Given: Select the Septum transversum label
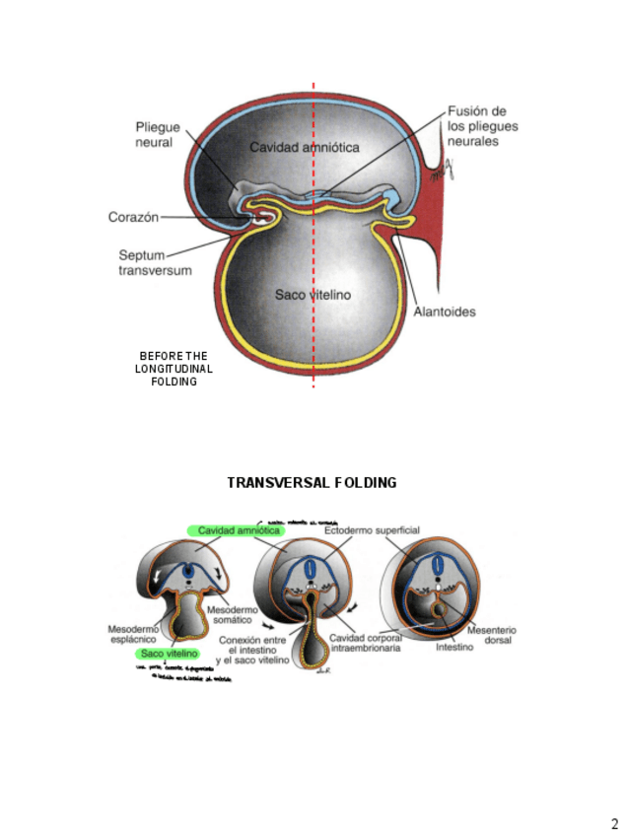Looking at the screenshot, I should (x=149, y=261).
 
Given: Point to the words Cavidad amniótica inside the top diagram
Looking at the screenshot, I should (x=304, y=147).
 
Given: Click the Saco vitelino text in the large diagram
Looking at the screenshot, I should (x=313, y=295).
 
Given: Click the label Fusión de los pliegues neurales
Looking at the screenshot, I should (x=483, y=126).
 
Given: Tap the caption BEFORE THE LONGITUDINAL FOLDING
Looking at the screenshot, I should (x=174, y=369).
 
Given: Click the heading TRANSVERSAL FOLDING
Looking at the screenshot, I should (x=312, y=483).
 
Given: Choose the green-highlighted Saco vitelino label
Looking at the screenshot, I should (x=170, y=653).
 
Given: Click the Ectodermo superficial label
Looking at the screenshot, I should (x=372, y=530).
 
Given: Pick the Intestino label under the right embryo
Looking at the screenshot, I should (x=454, y=648).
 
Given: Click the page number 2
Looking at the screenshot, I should (x=614, y=823).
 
